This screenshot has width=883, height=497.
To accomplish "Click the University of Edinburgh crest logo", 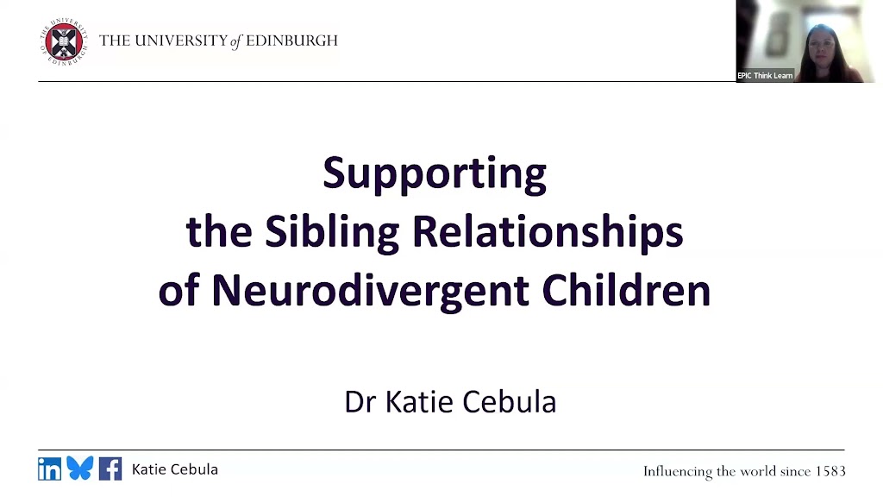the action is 64,41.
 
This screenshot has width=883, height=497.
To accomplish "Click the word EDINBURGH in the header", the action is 291,41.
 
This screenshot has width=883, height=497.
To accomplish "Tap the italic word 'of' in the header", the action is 236,41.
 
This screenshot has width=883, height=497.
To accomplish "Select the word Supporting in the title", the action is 435,174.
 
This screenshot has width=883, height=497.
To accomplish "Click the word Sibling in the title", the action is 332,232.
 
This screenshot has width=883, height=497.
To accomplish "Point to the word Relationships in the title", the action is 548,232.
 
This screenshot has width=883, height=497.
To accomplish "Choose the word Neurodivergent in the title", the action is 370,290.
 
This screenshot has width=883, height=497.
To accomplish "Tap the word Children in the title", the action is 626,290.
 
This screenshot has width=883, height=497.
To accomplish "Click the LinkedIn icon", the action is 49,469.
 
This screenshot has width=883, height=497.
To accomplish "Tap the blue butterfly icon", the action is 80,469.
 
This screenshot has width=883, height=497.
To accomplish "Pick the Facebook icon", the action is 110,469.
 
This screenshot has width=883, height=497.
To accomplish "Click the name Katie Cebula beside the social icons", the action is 174,469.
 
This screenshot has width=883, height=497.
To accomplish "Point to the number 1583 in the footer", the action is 830,471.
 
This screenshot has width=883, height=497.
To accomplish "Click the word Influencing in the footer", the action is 678,472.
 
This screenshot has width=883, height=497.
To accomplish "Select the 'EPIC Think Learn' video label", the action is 765,76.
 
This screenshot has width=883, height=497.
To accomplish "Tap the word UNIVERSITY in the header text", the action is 181,41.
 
